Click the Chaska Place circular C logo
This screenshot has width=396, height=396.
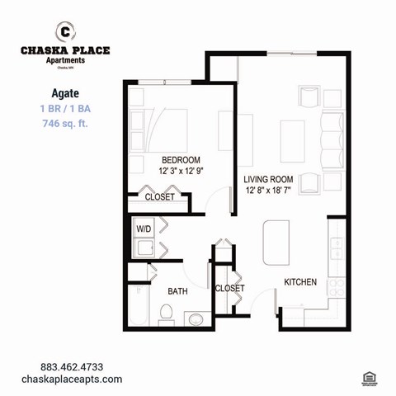coord(64,31)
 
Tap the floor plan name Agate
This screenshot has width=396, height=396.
coord(65,92)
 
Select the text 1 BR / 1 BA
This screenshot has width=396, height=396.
coord(65,108)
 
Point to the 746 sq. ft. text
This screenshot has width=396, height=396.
coord(65,124)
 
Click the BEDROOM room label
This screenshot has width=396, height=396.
coord(181,160)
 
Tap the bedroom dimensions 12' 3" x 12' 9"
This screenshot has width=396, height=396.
coord(181,172)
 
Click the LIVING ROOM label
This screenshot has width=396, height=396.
coord(270,179)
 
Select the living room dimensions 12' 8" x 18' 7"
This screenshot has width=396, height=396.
coord(270,191)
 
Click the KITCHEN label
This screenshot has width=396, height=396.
coord(300,282)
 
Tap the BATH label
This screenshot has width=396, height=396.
coord(178,291)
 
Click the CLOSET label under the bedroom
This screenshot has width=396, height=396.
coord(159,197)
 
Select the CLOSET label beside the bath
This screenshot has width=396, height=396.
coord(229,289)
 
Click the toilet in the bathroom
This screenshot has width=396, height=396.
coord(165,313)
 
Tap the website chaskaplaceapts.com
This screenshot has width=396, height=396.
coord(81,379)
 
